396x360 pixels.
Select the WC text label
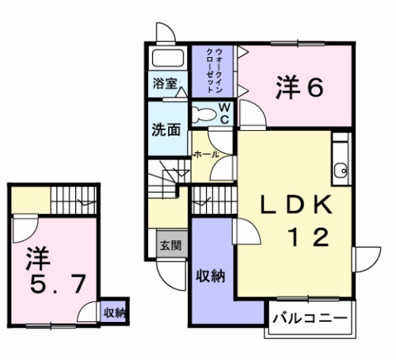click(x=224, y=113)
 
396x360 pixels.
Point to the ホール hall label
click(x=206, y=154)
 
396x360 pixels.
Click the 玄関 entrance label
click(x=169, y=245)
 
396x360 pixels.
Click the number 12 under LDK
click(x=307, y=237)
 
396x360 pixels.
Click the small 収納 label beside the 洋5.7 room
click(x=114, y=312)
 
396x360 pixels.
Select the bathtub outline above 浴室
click(x=166, y=59)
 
